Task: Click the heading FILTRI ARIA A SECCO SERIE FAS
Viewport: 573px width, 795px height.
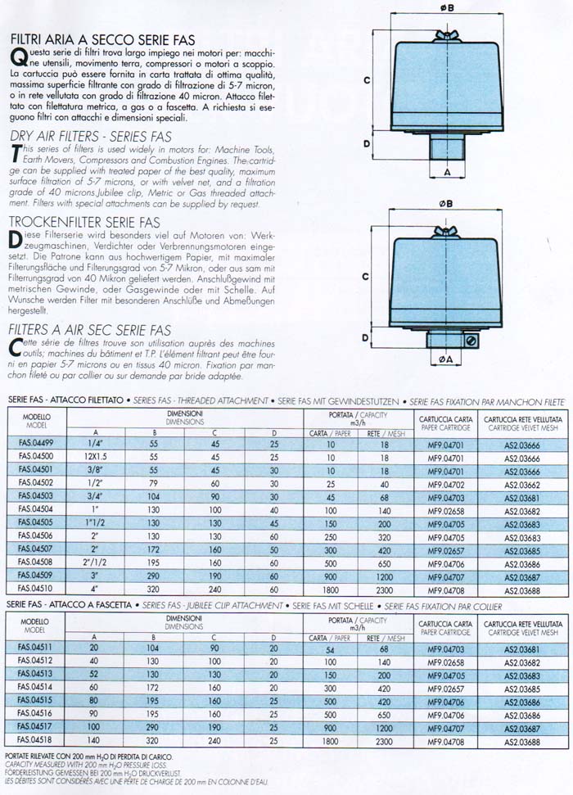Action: [102, 38]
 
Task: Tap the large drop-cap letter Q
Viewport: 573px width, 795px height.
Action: [16, 56]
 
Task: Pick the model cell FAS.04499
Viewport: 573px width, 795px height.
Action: [35, 444]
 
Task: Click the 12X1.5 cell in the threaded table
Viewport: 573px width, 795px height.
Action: [96, 456]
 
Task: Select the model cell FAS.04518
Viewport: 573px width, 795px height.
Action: [35, 741]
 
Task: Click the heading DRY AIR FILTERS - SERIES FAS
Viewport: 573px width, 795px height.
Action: [89, 137]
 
